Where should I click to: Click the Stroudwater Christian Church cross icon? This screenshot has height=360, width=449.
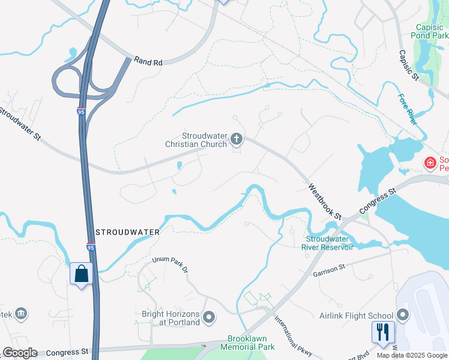(x=237, y=140)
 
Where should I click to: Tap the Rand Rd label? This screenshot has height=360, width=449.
(x=149, y=61)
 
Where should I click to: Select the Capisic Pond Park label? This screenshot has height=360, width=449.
(x=432, y=31)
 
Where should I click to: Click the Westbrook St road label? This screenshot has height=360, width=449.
(x=325, y=201)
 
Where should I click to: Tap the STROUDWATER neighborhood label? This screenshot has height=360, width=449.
(x=128, y=232)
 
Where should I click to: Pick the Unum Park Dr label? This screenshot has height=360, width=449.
(x=170, y=264)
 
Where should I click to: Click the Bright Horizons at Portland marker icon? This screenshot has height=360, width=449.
(x=209, y=317)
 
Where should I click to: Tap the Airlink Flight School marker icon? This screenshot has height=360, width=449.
(x=403, y=315)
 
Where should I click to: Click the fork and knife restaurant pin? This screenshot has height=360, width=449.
(x=383, y=331)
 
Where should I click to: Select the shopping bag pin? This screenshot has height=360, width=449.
(x=82, y=274)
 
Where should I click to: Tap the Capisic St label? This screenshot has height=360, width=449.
(x=408, y=65)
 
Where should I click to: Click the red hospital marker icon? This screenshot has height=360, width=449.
(x=430, y=163)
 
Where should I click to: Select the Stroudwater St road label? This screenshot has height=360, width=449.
(x=20, y=124)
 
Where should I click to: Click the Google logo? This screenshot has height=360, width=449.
(x=20, y=353)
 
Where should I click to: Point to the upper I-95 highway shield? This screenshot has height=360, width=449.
(x=81, y=112)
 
